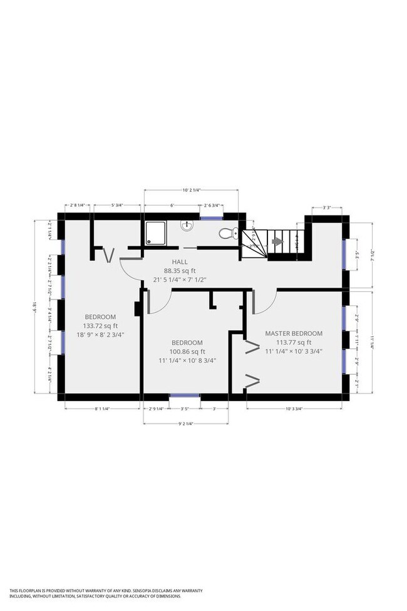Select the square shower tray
pos(155,232)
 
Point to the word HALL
pos(180,262)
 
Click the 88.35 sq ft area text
pos(180,271)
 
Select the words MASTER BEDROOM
pos(294,333)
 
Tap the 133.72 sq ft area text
pos(100,326)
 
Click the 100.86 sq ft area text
pos(187,352)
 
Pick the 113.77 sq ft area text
pos(294,342)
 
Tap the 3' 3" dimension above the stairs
pos(327,207)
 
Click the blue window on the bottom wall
pos(185,396)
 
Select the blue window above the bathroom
pos(211,217)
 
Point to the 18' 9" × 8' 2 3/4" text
pos(100,335)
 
